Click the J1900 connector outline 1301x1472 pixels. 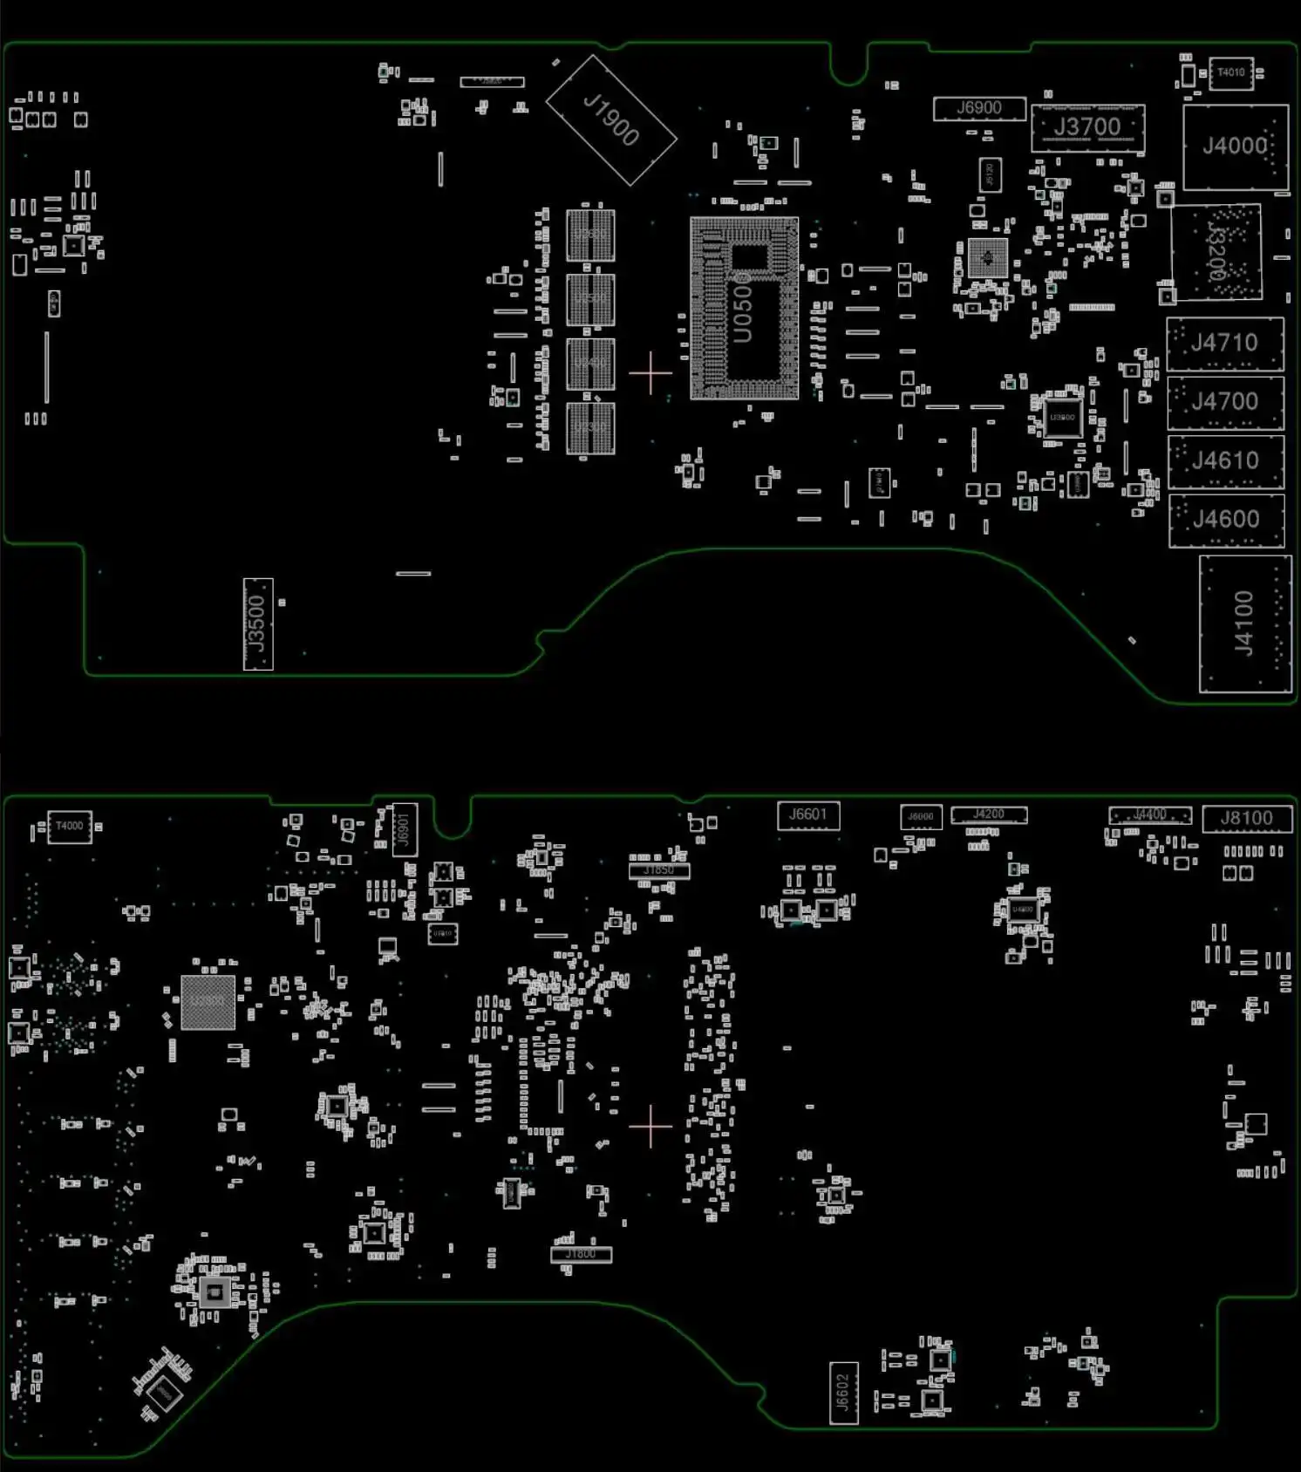click(611, 120)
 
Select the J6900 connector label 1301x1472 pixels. click(979, 108)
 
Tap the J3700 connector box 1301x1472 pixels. click(1087, 127)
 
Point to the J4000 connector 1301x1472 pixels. click(1236, 146)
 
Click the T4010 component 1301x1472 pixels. click(1231, 73)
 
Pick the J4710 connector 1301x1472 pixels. click(1225, 344)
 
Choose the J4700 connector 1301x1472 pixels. click(1225, 402)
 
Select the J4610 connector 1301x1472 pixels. click(1225, 460)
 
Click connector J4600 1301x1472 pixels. click(1226, 520)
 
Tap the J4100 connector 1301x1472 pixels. click(1245, 624)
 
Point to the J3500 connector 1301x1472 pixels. click(257, 624)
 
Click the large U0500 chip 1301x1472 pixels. click(744, 309)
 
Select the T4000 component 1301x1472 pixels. click(70, 826)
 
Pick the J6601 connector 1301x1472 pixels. click(808, 815)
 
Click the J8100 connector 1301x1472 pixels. click(1247, 819)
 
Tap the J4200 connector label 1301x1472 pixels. click(989, 814)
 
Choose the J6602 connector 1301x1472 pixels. click(843, 1393)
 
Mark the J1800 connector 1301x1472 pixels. click(582, 1254)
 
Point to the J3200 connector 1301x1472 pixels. click(1217, 253)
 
